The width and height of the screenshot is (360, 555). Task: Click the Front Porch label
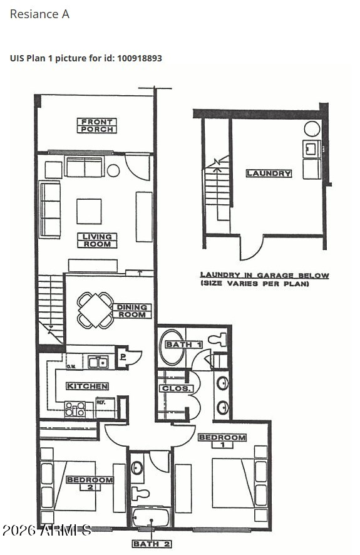click(x=96, y=125)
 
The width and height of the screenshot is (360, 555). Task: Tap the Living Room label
click(x=97, y=240)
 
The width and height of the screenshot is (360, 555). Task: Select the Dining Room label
click(x=131, y=311)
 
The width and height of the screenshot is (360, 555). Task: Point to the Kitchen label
click(x=87, y=386)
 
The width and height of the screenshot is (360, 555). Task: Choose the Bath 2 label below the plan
click(x=152, y=544)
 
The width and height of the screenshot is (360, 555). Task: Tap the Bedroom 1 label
click(x=222, y=440)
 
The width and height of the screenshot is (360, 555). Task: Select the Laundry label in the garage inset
click(x=269, y=173)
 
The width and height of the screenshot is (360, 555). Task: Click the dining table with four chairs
click(x=95, y=309)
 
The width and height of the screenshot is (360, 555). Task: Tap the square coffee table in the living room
click(x=89, y=211)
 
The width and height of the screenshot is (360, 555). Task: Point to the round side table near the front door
click(x=113, y=170)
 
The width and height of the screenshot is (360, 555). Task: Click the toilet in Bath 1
click(x=217, y=340)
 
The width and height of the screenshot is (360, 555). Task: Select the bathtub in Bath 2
click(x=151, y=517)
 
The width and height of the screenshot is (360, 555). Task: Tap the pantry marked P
click(x=123, y=356)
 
